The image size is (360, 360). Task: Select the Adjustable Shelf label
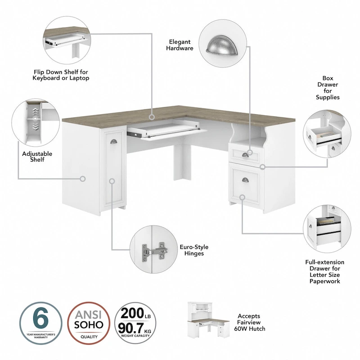[37, 157]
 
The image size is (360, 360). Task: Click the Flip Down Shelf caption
[61, 75]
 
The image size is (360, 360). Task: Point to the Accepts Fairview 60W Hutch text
[252, 322]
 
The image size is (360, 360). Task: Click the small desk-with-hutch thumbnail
[207, 322]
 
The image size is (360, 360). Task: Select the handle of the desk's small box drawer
[245, 155]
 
